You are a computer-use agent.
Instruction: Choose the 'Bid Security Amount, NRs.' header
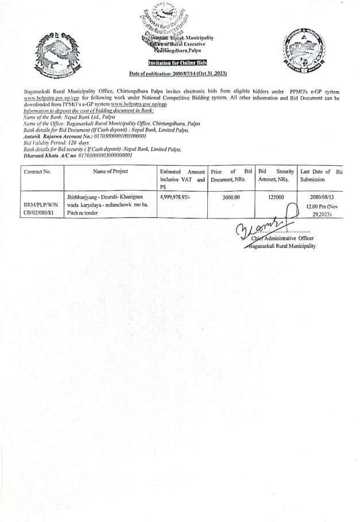click(x=276, y=176)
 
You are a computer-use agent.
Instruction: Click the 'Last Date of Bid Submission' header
click(x=320, y=176)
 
